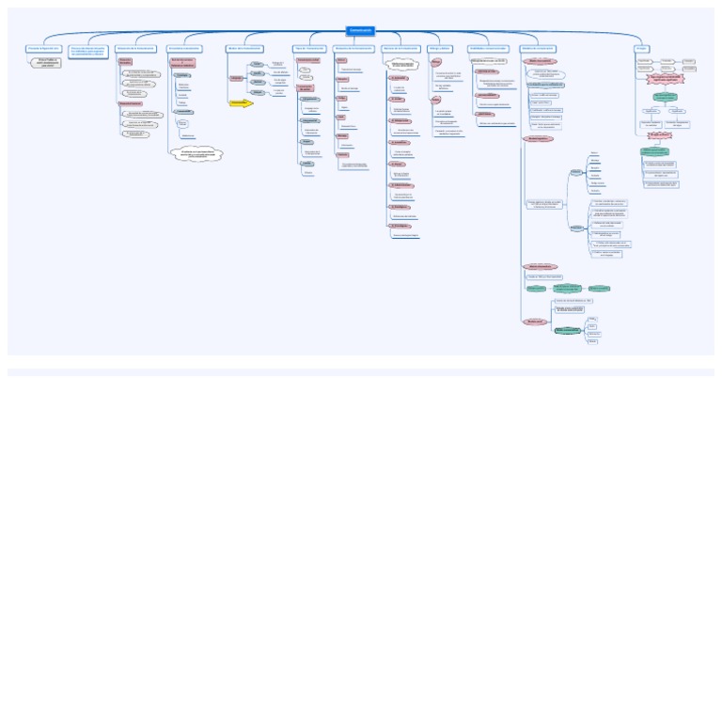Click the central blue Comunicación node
[x=360, y=31]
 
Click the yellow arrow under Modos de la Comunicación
[x=242, y=103]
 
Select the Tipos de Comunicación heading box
[x=309, y=48]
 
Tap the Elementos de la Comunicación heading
[x=353, y=48]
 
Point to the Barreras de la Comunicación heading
[x=401, y=48]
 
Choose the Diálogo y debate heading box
[x=440, y=48]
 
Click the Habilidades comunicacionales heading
[x=488, y=48]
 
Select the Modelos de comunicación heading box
[x=538, y=48]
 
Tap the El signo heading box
[x=641, y=48]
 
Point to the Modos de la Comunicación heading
[x=244, y=48]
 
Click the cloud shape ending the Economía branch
[x=198, y=153]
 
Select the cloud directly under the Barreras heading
[x=401, y=65]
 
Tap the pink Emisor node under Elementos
[x=341, y=60]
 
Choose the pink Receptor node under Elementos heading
[x=342, y=79]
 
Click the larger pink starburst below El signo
[x=666, y=80]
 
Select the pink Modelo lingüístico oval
[x=539, y=139]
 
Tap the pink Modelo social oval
[x=535, y=322]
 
